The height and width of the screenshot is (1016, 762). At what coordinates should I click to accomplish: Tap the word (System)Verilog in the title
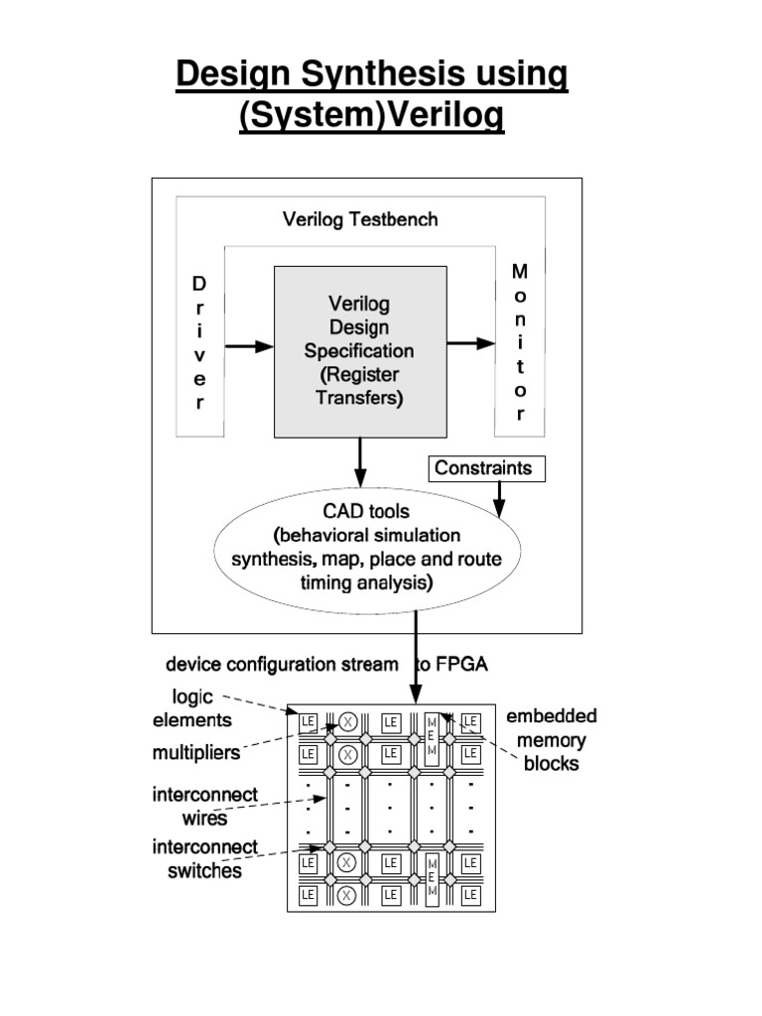[x=371, y=116]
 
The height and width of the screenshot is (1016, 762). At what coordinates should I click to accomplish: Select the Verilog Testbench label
[x=359, y=219]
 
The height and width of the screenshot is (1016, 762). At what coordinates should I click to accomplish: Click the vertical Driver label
[x=199, y=343]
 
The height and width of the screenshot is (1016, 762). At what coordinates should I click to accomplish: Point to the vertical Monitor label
[x=520, y=342]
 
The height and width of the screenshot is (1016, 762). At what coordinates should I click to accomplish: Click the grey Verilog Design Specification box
[x=359, y=350]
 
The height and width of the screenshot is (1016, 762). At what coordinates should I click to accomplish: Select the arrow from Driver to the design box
[x=249, y=346]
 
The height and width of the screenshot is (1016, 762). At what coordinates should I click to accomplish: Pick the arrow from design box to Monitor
[x=470, y=343]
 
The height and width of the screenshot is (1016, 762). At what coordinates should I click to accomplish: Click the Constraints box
[x=487, y=468]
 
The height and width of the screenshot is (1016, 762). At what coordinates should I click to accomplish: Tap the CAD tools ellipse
[x=366, y=549]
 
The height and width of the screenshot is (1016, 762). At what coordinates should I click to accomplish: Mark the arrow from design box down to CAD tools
[x=360, y=460]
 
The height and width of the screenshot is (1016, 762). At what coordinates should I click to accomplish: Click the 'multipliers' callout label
[x=195, y=753]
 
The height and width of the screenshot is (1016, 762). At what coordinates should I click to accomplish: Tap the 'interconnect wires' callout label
[x=204, y=807]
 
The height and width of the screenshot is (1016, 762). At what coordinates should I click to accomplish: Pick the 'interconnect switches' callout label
[x=204, y=859]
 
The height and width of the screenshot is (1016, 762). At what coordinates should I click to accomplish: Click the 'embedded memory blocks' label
[x=551, y=740]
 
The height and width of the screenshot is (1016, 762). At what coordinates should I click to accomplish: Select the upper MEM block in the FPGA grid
[x=432, y=735]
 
